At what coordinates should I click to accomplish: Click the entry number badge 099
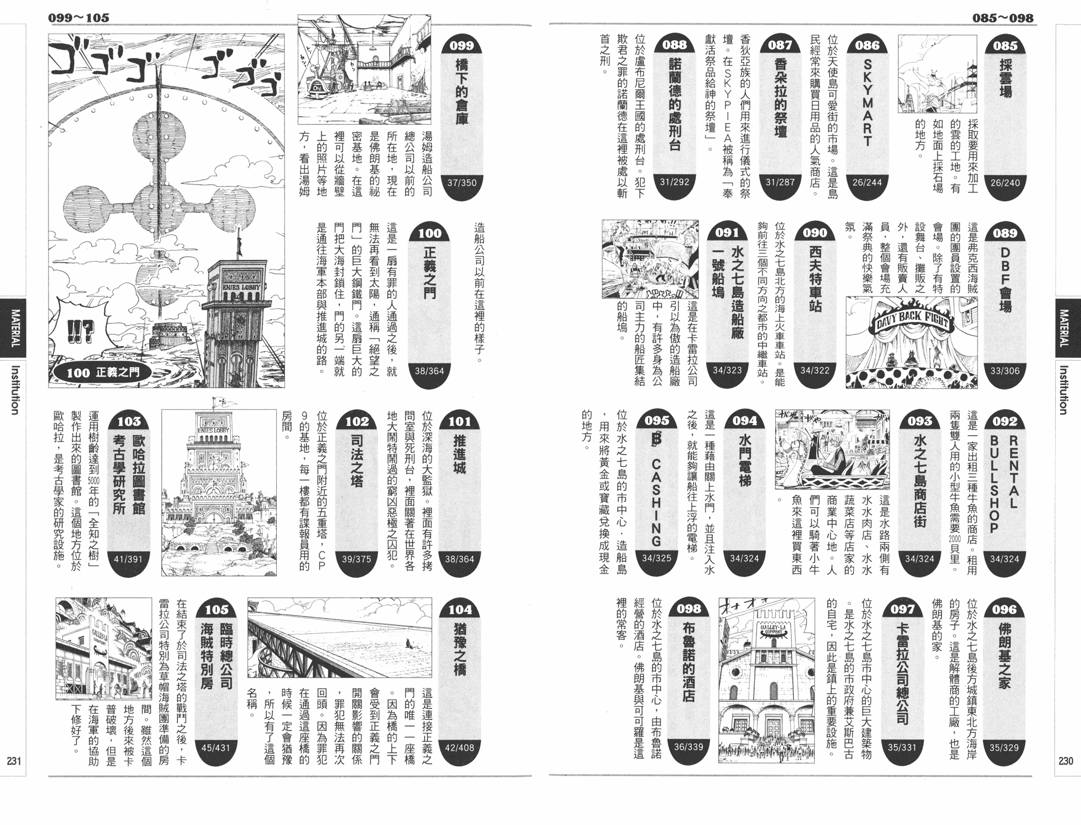tap(462, 46)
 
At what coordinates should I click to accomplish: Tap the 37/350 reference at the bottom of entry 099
tap(462, 183)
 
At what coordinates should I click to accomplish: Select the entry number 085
tap(1005, 46)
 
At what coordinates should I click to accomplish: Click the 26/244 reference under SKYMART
tap(867, 182)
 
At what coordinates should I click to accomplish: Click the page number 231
tap(14, 761)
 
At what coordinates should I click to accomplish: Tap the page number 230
tap(1066, 761)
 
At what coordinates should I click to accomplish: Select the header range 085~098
tap(1002, 18)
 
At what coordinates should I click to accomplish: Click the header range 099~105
tap(79, 18)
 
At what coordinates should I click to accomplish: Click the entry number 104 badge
tap(460, 610)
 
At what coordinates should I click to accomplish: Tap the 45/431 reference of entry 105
tap(216, 747)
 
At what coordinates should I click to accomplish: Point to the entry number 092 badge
tap(1005, 422)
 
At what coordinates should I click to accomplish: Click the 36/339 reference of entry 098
tap(689, 747)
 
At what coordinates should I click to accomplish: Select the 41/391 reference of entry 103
tap(128, 559)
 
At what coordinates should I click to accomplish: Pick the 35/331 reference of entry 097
tap(902, 747)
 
